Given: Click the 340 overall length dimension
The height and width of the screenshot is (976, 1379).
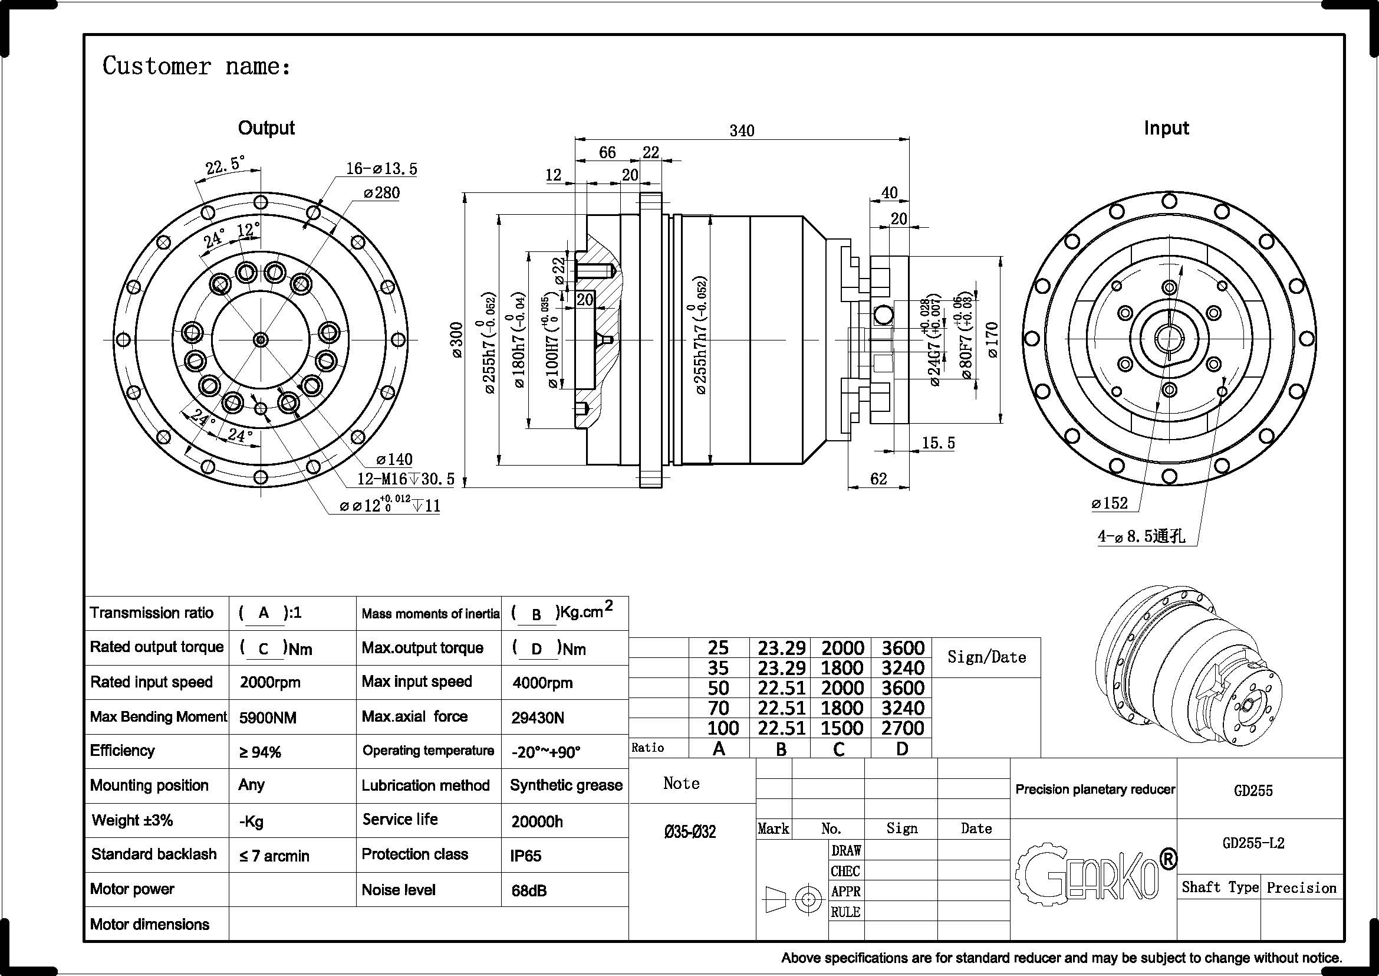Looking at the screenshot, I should tap(742, 130).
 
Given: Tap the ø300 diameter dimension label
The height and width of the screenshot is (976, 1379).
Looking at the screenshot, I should tap(456, 340).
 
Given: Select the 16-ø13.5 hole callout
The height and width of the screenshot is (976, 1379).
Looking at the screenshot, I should tap(381, 169).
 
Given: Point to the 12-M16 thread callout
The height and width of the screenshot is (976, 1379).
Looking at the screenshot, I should tap(406, 479).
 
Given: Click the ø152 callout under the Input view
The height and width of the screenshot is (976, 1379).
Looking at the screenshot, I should tap(1110, 503).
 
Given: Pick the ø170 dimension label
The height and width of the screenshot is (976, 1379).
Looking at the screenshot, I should tap(992, 340).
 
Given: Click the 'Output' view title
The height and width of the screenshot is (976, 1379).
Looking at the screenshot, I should tap(266, 128).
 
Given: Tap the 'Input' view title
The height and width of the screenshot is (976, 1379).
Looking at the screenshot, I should tap(1166, 128).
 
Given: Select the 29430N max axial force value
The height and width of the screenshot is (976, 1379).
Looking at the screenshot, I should tap(538, 718).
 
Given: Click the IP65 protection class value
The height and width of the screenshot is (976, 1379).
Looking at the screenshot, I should tap(525, 856).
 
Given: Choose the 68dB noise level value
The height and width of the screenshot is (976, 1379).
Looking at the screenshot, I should tap(529, 890).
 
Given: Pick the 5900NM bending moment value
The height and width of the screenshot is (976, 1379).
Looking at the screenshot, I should tap(267, 718).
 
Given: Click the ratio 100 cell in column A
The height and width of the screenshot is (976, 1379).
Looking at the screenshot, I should tap(723, 728).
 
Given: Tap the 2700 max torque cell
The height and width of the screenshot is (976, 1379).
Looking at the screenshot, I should tap(902, 728).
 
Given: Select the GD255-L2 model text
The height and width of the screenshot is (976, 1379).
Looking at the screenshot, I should tap(1253, 843).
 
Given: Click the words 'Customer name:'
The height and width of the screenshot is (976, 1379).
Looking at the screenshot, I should tap(196, 66).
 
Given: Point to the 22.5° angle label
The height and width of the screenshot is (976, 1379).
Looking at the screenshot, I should tap(225, 165).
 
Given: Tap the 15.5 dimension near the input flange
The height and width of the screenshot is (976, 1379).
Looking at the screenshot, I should tap(937, 443).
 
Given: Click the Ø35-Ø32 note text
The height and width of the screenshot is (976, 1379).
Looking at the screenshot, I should tap(690, 833).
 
